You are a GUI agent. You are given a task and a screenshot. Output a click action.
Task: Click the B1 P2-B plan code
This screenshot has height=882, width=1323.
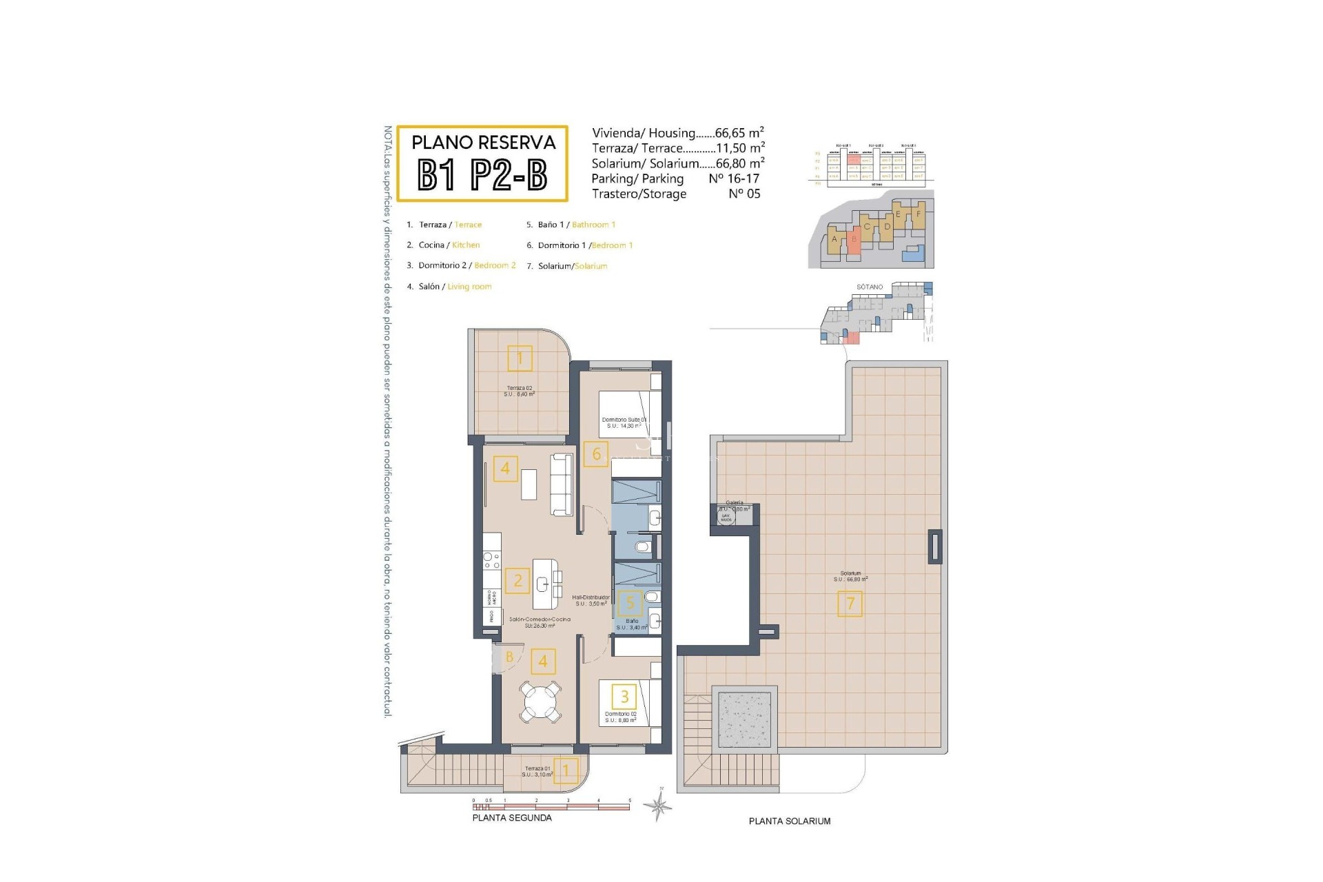[x=482, y=175]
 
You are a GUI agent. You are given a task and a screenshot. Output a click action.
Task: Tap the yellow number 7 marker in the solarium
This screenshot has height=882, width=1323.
[x=850, y=604]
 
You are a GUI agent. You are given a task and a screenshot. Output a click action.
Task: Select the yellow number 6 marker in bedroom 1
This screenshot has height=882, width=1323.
[x=596, y=454]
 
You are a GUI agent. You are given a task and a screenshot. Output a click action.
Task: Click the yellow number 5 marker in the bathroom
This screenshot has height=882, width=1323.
[x=629, y=604]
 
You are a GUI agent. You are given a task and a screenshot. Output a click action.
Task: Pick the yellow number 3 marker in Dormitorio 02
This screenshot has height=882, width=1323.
[x=624, y=696]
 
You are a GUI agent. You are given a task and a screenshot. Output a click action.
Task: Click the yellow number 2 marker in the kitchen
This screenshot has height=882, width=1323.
[x=517, y=580]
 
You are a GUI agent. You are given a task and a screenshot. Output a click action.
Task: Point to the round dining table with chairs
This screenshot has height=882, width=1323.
[x=541, y=701]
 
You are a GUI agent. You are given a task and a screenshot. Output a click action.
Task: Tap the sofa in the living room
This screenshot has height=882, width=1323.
[x=562, y=484]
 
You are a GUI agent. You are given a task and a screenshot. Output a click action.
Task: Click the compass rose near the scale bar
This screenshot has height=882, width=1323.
[x=659, y=804]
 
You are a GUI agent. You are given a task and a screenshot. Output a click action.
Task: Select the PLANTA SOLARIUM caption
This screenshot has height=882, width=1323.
[x=790, y=821]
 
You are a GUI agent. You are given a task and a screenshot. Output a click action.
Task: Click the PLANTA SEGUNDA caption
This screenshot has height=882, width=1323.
[x=512, y=818]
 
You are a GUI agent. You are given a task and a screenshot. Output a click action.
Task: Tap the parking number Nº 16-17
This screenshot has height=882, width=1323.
[x=734, y=178]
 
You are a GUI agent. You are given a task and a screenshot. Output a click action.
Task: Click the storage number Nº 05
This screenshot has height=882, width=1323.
[x=744, y=194]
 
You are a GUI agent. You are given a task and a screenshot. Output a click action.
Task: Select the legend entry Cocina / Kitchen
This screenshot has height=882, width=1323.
[x=449, y=245]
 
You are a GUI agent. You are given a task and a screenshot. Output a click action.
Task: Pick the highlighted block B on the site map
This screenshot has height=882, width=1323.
[x=854, y=239]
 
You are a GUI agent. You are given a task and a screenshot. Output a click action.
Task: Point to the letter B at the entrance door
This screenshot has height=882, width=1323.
[x=509, y=657]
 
